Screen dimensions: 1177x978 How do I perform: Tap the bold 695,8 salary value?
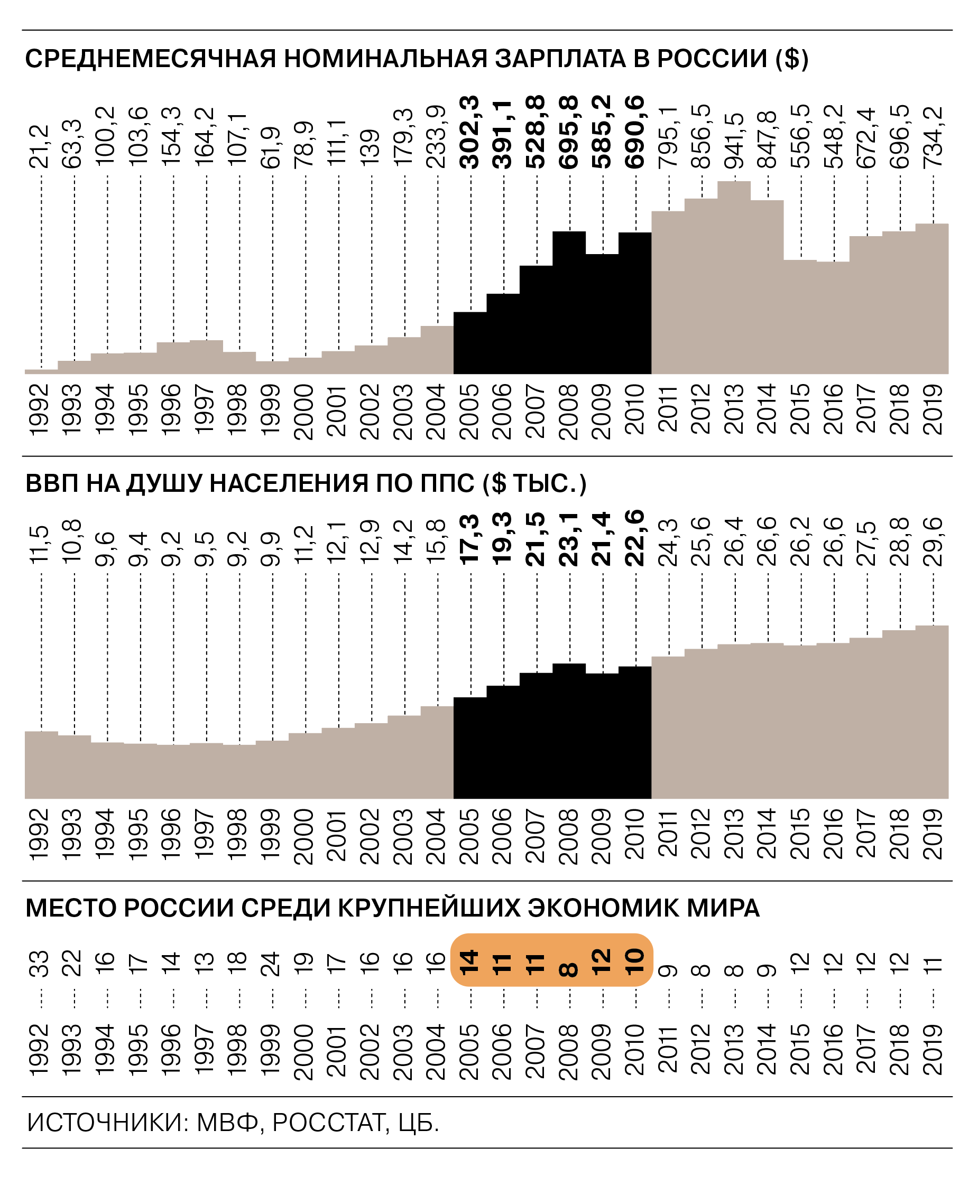point(569,132)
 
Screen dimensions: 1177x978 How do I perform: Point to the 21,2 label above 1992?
point(40,147)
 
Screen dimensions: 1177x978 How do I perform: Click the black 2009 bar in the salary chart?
point(602,314)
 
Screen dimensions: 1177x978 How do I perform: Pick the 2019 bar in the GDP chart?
point(932,712)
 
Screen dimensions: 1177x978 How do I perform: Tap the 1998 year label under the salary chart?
point(239,408)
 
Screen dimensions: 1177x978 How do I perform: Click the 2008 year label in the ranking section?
point(569,1051)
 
